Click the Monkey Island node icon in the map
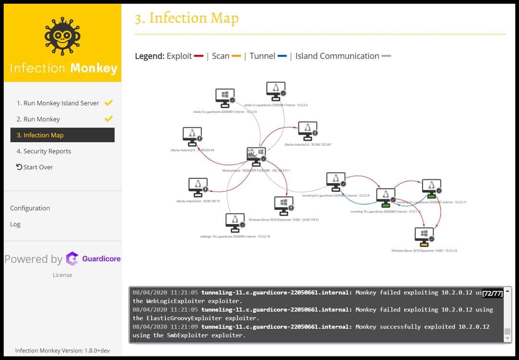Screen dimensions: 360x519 255,155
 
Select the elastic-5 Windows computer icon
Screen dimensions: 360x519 224,98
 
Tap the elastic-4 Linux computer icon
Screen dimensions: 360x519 275,91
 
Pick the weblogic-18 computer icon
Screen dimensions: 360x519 235,223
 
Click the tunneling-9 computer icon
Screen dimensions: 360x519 335,182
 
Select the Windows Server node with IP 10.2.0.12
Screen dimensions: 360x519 424,236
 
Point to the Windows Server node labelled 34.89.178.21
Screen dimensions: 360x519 284,206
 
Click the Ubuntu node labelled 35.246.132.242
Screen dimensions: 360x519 307,131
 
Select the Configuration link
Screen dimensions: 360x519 30,208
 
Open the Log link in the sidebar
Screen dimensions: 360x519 15,224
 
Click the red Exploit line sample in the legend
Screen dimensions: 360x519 199,56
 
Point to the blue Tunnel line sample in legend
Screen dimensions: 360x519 282,56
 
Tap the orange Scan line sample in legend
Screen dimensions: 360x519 236,56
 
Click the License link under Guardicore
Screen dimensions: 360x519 62,275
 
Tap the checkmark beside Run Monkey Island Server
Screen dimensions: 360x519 109,103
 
